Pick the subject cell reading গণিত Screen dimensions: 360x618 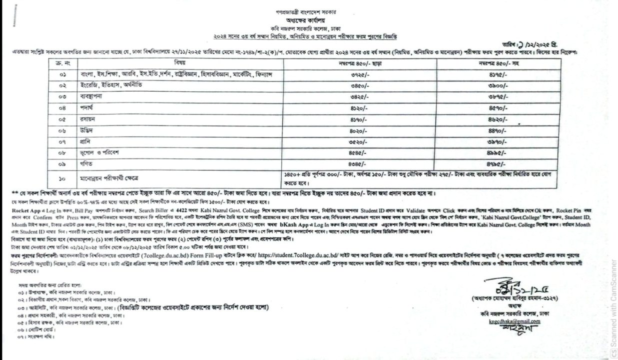(80, 163)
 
